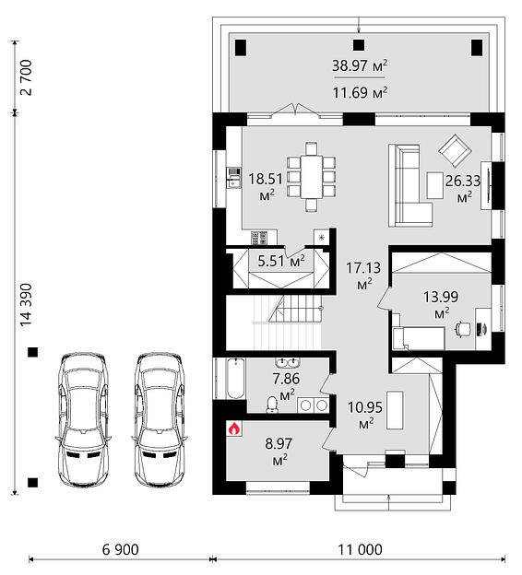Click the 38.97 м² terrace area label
point(360,65)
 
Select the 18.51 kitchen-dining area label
point(266,187)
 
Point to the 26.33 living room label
point(463,189)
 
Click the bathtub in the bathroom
point(235,379)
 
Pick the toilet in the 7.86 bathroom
point(272,405)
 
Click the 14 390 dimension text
point(27,304)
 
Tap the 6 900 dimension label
point(121,550)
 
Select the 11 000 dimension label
point(360,550)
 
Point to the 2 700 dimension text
point(27,77)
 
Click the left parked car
point(83,419)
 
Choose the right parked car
point(160,419)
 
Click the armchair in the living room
point(455,150)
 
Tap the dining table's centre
point(312,177)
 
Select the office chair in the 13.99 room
point(463,329)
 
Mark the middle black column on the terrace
point(359,45)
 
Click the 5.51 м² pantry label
point(281,261)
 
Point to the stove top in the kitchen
point(259,238)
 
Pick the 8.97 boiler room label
point(279,452)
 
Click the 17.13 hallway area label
point(363,276)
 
